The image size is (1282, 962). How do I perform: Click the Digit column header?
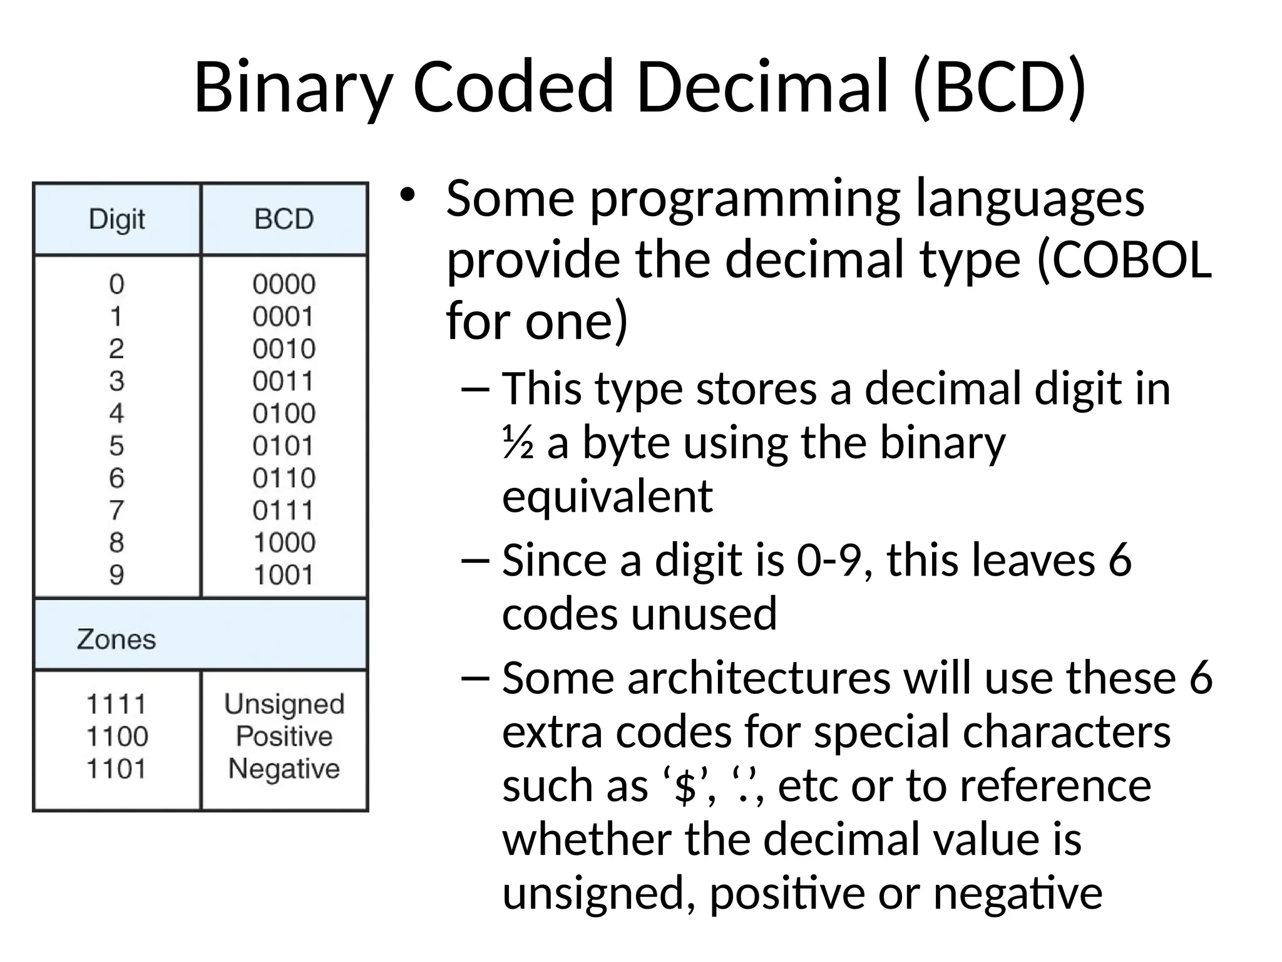[116, 220]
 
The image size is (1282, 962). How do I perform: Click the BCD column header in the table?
[284, 220]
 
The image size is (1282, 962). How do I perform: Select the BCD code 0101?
[283, 446]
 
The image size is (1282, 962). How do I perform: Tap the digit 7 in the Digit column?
[116, 510]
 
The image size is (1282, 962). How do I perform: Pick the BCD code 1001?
[283, 575]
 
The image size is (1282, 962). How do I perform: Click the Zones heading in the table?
[116, 639]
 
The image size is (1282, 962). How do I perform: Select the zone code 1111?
[116, 705]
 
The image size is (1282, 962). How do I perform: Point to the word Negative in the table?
[284, 769]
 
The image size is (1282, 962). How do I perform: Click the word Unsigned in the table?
[284, 705]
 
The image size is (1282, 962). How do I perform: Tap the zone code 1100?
[116, 737]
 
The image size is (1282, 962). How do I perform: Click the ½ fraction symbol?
[518, 443]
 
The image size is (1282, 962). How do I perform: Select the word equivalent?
[607, 496]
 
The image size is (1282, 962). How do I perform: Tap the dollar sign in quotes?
[686, 787]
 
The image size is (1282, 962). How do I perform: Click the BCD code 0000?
[284, 284]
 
